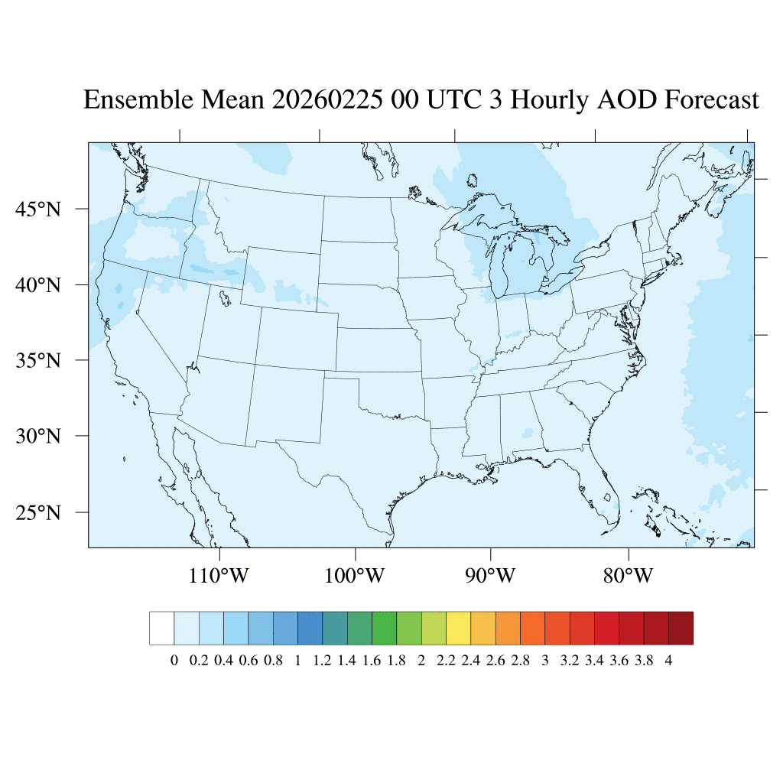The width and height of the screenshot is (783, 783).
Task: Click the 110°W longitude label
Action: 219,575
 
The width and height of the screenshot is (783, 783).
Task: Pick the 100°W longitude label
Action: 355,575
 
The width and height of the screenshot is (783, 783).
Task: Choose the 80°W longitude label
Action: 628,575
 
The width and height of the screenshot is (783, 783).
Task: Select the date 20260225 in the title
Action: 328,100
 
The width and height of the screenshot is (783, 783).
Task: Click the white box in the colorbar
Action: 162,628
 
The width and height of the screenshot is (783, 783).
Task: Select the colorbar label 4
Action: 669,661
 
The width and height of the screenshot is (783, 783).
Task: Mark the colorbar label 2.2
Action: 446,661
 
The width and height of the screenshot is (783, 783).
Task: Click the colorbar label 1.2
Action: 322,661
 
